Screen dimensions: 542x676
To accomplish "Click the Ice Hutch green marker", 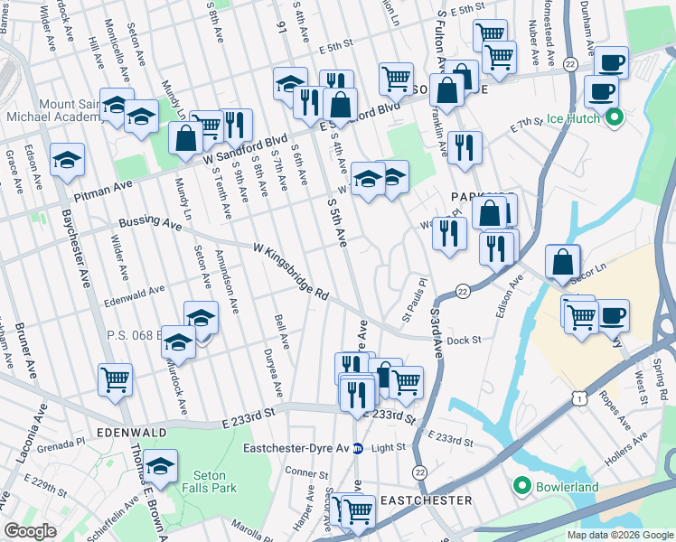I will tap(615, 117).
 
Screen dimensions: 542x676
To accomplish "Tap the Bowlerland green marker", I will tap(521, 487).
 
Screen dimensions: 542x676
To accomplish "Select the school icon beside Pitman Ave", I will tap(67, 160).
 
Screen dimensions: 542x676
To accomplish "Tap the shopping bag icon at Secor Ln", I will tap(562, 262).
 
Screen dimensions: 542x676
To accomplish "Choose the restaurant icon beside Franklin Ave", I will tap(464, 147).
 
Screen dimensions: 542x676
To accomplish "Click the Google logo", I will tap(30, 530).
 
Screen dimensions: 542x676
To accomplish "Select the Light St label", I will tap(390, 448).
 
